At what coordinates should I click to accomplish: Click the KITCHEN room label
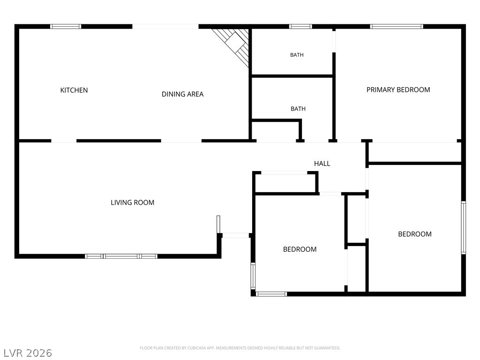point(74,90)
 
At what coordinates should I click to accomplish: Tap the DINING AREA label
point(182,94)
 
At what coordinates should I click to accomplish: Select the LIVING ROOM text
point(132,202)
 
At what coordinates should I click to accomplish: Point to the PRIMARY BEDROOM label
point(398,90)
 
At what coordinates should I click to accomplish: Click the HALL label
point(322,164)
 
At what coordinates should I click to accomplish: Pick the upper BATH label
point(297,55)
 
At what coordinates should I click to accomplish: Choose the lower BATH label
point(298,109)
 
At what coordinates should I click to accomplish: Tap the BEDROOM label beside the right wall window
point(415,234)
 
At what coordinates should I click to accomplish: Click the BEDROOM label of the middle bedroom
point(300,249)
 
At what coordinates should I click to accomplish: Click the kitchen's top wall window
point(66,26)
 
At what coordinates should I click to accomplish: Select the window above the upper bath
point(300,26)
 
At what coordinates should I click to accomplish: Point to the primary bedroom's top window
point(397,26)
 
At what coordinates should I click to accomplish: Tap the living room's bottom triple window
point(121,256)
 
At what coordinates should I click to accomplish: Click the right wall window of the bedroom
point(464,227)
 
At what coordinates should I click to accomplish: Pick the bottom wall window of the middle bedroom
point(271,294)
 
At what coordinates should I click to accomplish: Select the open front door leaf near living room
point(218,225)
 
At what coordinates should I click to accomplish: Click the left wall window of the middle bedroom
point(253,276)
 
